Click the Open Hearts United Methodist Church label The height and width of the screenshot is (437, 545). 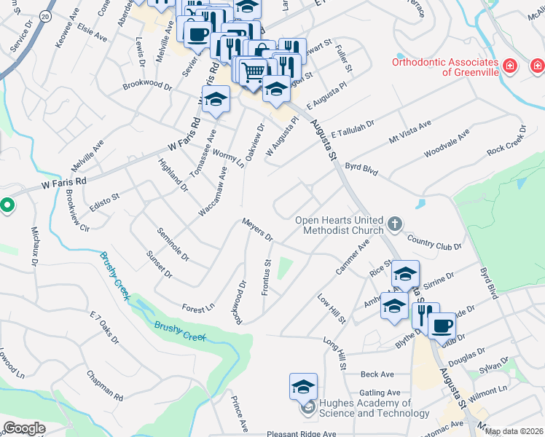click(339, 226)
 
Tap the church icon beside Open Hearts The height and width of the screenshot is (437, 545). click(394, 224)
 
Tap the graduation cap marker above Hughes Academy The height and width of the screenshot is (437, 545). click(304, 386)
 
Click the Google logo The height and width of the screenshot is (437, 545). click(25, 428)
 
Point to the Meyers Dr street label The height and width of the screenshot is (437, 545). click(257, 229)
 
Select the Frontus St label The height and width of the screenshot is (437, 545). click(267, 277)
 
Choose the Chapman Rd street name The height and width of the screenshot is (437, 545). click(104, 386)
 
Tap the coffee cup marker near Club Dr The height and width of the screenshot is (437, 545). click(442, 324)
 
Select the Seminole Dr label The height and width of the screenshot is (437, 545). click(173, 245)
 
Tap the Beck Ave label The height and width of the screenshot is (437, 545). click(377, 374)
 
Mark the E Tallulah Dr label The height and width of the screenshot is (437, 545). click(352, 130)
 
